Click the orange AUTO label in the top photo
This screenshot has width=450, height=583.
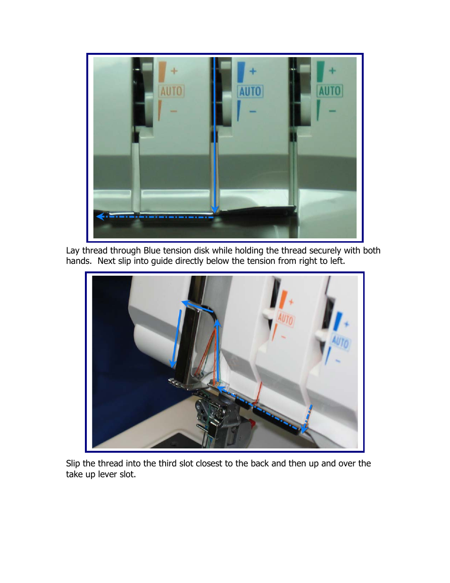pos(171,91)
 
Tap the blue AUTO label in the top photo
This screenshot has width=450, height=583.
pos(250,91)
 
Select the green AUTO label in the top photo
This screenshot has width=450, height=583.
pos(329,91)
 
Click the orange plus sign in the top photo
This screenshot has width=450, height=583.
pos(174,71)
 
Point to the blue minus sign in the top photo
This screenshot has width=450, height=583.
pos(253,111)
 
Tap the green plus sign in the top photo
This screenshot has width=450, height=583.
pos(333,70)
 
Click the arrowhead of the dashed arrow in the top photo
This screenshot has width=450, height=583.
pos(100,216)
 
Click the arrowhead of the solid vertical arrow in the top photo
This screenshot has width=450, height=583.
pos(215,210)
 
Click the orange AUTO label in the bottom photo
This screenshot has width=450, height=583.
pos(285,319)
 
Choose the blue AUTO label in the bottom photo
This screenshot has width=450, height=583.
pos(340,342)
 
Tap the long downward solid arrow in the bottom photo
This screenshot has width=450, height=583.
pos(176,339)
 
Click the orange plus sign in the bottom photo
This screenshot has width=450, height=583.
pos(291,302)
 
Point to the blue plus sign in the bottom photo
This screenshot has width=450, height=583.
pos(346,324)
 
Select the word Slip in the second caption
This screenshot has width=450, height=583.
pos(73,464)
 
